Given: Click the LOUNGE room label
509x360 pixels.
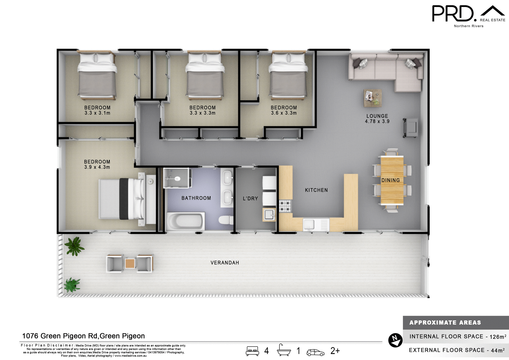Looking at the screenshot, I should click(x=377, y=116).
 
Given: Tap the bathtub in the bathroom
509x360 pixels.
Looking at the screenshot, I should click(x=186, y=221).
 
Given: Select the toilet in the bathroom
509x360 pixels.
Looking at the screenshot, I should click(x=225, y=220).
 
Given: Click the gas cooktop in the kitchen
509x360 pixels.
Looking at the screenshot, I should click(x=285, y=206).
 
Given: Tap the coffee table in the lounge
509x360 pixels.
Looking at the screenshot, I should click(x=372, y=98).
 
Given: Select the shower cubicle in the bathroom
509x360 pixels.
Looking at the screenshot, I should click(x=176, y=178).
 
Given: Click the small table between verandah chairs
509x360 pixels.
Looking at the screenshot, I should click(x=130, y=263).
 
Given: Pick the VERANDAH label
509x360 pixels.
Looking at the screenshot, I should click(x=225, y=263).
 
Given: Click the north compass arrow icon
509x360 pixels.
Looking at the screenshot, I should click(x=395, y=340).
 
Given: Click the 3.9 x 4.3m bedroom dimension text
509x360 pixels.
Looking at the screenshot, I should click(x=97, y=167).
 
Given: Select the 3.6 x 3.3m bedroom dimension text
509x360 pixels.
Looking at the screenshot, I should click(x=284, y=113).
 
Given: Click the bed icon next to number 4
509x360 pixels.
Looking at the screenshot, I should click(x=252, y=351).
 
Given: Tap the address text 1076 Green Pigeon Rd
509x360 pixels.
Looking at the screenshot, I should click(x=84, y=336).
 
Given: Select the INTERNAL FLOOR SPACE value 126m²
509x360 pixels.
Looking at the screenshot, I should click(x=498, y=337).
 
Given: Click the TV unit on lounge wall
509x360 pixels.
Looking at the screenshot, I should click(x=411, y=128).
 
